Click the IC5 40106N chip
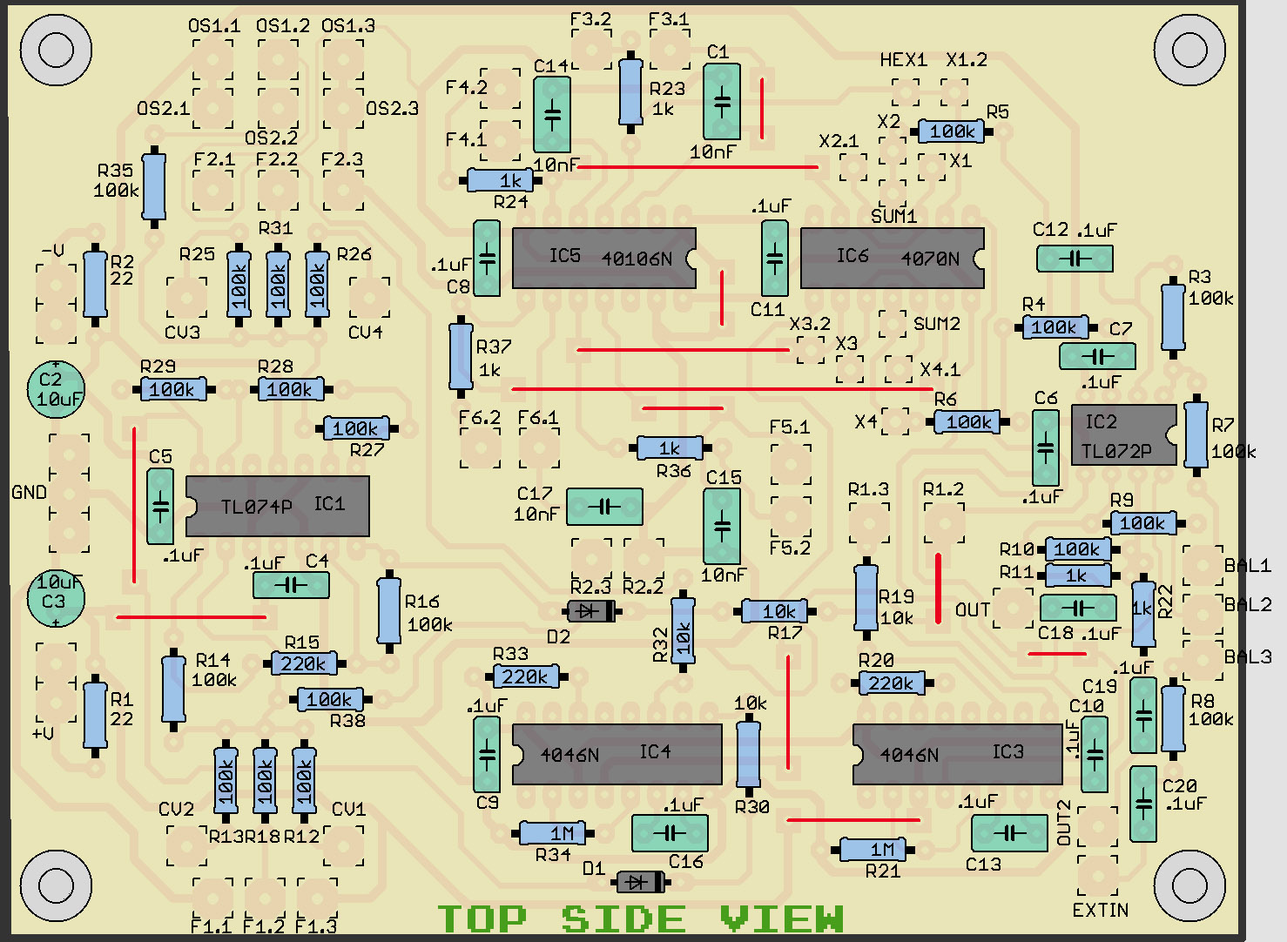click(603, 258)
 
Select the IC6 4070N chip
click(892, 258)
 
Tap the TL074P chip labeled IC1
click(277, 506)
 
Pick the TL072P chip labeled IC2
click(1123, 434)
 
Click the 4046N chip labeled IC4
click(617, 754)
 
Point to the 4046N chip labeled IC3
click(957, 754)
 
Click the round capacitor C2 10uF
click(56, 388)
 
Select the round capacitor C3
click(56, 596)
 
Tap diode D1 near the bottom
click(640, 882)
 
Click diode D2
click(590, 611)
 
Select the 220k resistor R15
click(303, 663)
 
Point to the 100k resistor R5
click(952, 131)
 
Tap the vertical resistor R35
click(154, 186)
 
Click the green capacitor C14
click(552, 115)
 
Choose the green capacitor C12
click(1075, 259)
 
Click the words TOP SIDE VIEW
click(640, 918)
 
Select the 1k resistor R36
click(670, 447)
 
